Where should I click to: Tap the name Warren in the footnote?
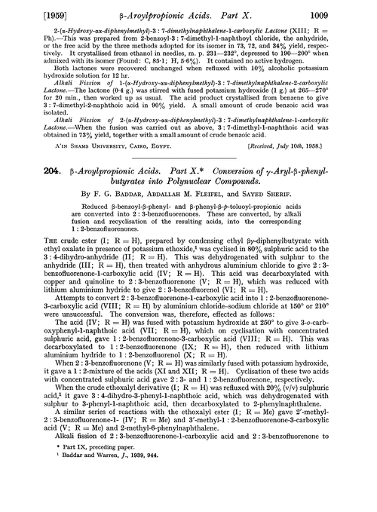118,500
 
